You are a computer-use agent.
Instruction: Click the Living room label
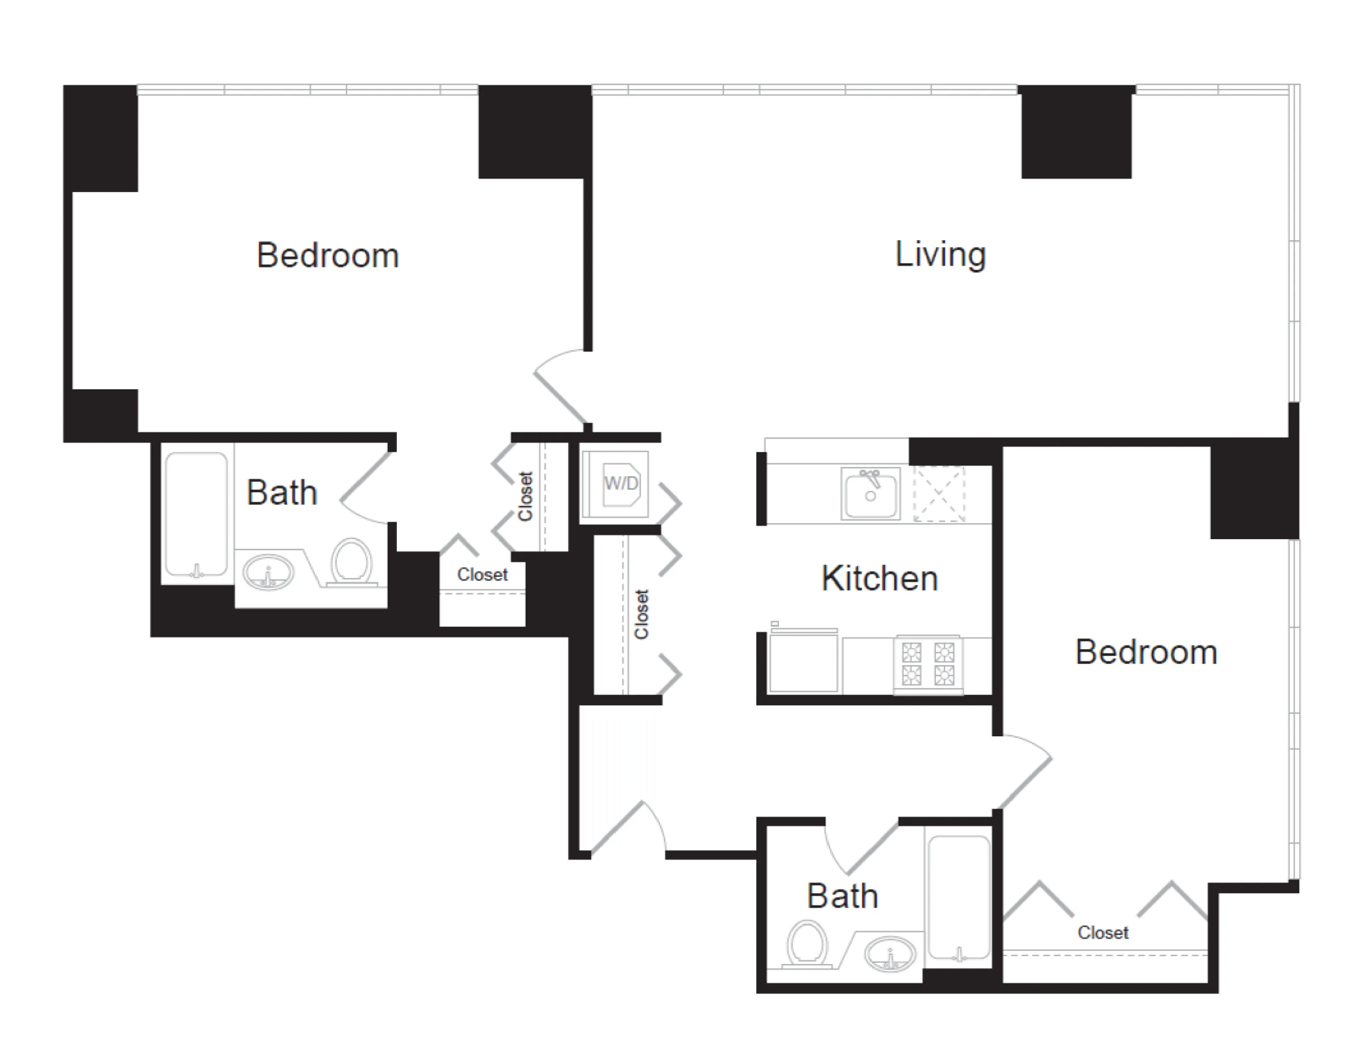click(940, 255)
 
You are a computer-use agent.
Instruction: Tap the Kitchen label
click(879, 578)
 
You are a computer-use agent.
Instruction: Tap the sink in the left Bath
click(268, 571)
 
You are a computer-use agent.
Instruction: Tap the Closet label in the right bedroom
click(1102, 933)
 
